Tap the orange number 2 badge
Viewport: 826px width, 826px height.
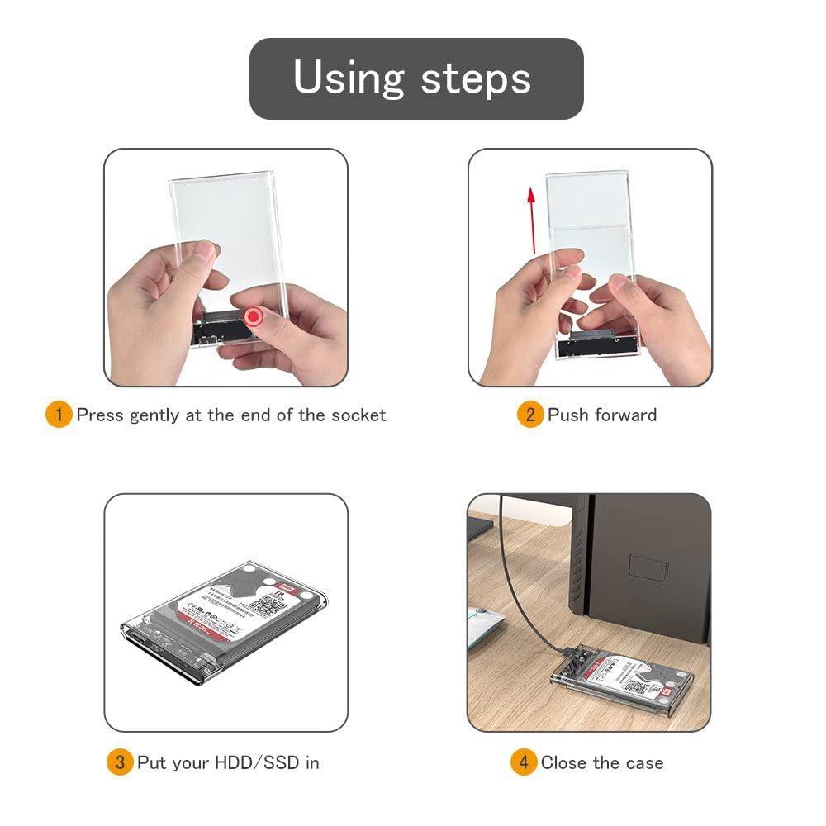point(529,415)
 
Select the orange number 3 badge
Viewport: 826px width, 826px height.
point(119,762)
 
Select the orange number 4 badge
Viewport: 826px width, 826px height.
point(523,762)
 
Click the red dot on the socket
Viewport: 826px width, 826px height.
point(253,317)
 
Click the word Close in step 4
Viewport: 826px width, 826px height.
point(564,762)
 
